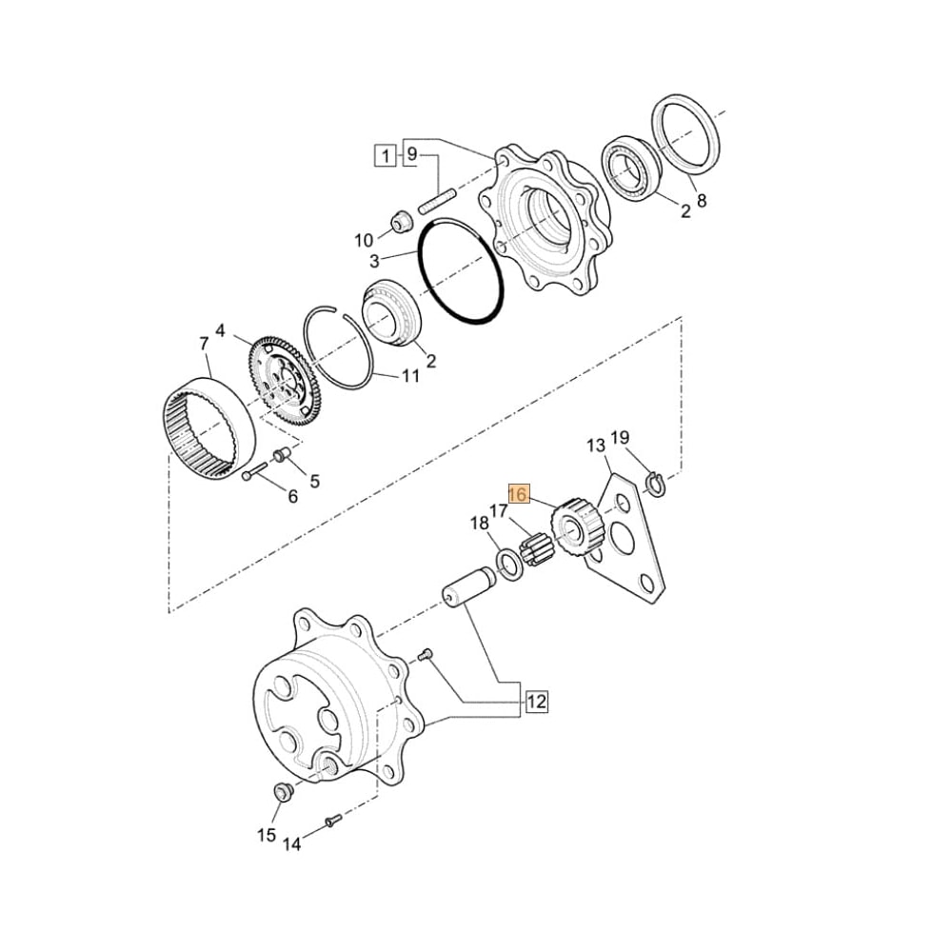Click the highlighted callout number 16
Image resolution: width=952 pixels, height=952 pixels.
pos(518,494)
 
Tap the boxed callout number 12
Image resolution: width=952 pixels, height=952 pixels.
pos(537,702)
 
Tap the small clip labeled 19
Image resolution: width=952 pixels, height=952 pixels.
pos(655,484)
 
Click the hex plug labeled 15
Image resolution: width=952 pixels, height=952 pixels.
pos(282,791)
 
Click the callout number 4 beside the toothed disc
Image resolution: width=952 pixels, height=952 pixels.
pos(221,331)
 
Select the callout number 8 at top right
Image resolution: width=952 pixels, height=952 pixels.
pos(702,201)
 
